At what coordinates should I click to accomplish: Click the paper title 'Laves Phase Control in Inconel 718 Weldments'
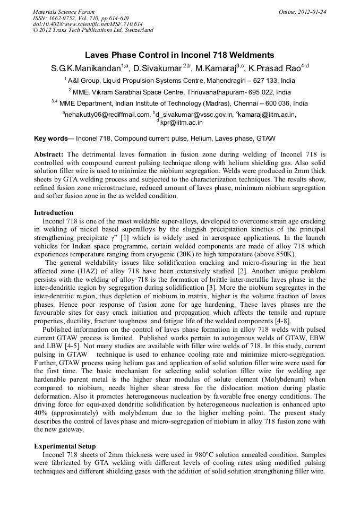[179, 55]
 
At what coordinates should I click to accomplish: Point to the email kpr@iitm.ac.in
[182, 122]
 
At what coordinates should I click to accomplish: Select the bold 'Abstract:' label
[49, 154]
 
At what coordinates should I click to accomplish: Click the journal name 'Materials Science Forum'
[64, 11]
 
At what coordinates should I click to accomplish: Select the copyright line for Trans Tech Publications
[93, 30]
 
